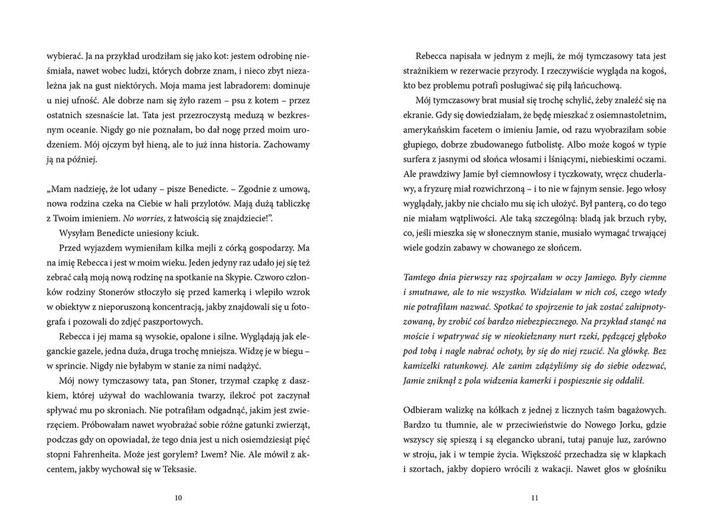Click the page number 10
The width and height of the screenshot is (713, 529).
pos(179,498)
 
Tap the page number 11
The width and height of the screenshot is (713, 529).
pos(534,498)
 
